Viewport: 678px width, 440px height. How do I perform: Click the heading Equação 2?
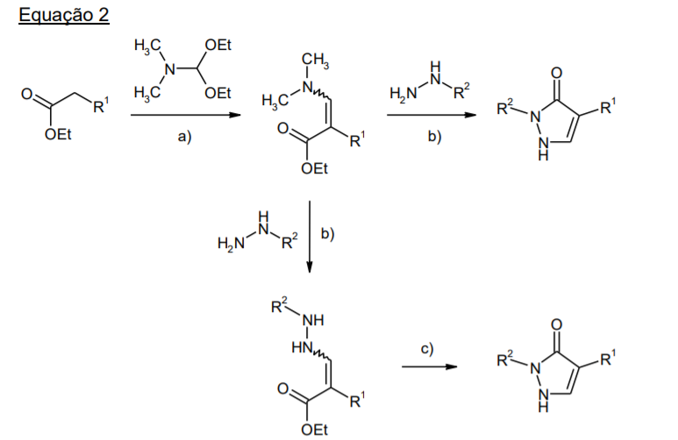[x=63, y=16]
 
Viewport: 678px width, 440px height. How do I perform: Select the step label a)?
[x=185, y=137]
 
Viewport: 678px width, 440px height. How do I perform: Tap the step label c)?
[x=427, y=349]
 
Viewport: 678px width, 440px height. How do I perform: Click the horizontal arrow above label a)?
[x=185, y=115]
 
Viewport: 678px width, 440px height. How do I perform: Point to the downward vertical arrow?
[x=309, y=237]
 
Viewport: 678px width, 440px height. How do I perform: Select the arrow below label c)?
[x=430, y=367]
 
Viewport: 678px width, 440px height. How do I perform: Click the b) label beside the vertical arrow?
[x=328, y=234]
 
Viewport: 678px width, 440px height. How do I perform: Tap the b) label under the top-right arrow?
[x=434, y=136]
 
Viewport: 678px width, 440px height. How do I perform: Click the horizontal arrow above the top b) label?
[x=432, y=115]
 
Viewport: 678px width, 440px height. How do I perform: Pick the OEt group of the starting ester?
[x=58, y=134]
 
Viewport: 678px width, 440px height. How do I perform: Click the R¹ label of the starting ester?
[x=101, y=105]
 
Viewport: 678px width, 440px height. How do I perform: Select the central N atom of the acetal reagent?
[x=170, y=68]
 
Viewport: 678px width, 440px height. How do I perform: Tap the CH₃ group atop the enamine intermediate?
[x=315, y=60]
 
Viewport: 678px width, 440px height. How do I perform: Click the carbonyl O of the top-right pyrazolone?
[x=557, y=73]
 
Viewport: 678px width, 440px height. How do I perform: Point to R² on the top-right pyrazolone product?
[x=505, y=107]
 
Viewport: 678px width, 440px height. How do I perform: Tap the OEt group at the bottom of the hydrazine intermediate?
[x=314, y=429]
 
